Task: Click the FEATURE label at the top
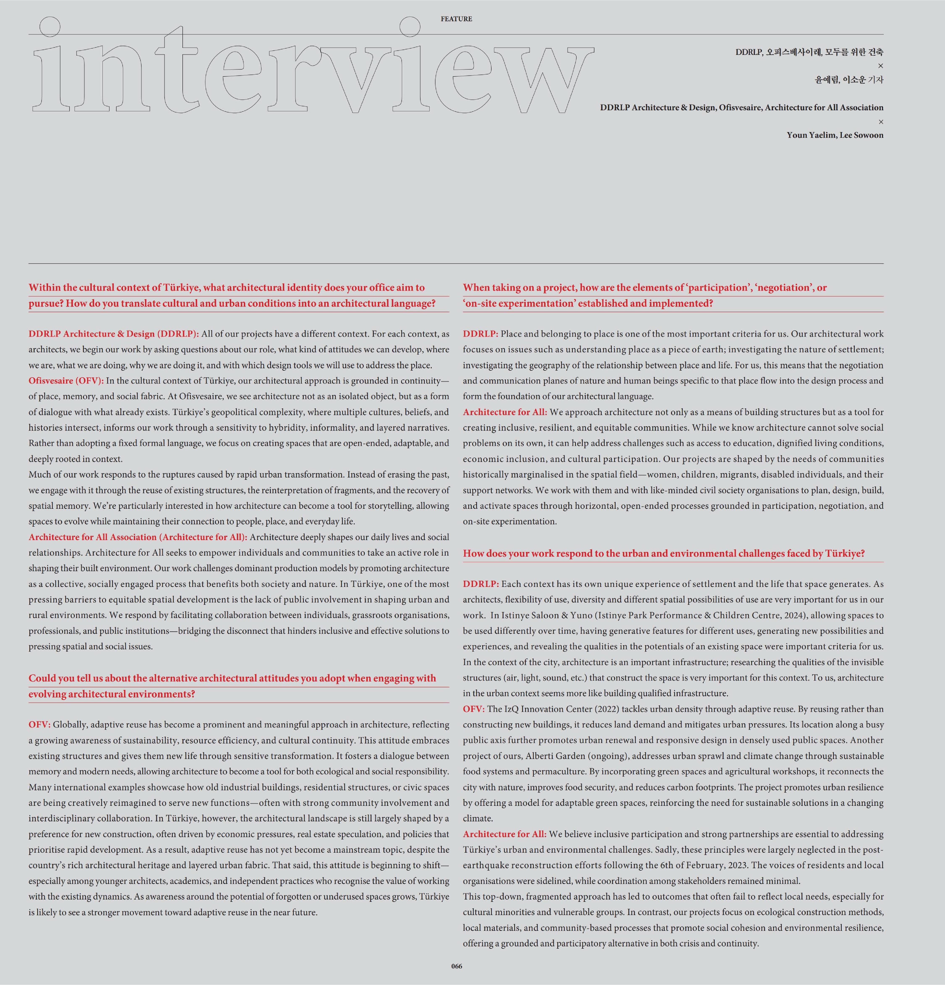coord(456,19)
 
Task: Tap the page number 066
coord(456,966)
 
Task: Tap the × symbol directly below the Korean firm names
coord(880,66)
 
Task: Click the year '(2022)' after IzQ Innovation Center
coord(590,709)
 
